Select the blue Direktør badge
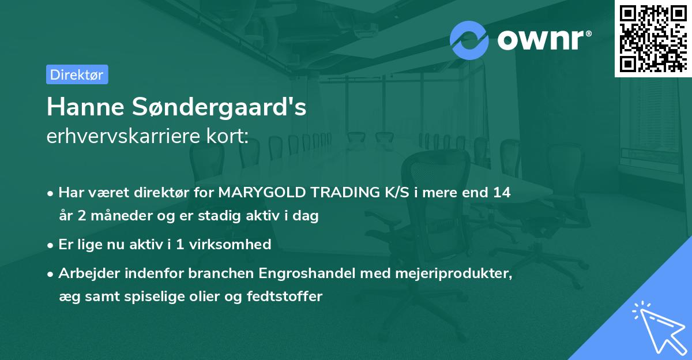point(77,74)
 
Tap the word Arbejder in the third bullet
point(87,273)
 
